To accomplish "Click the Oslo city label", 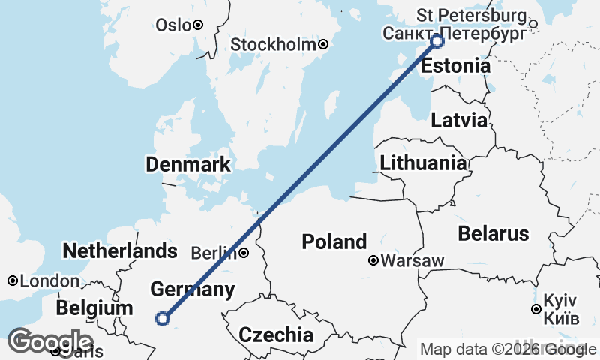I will (173, 25).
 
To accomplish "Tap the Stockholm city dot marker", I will (323, 45).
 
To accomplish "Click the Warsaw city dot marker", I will (373, 261).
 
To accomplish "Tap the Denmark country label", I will (188, 165).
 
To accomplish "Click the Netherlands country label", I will (121, 250).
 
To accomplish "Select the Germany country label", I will (192, 289).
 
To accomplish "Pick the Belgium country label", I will (94, 308).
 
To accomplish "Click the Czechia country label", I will (276, 334).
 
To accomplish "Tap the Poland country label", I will (334, 241).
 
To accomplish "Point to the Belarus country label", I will (493, 233).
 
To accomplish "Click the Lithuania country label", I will (423, 163).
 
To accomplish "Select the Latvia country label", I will (458, 121).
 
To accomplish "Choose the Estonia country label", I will (455, 66).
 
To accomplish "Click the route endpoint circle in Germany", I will (162, 319).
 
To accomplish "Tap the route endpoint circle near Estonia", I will (438, 41).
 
